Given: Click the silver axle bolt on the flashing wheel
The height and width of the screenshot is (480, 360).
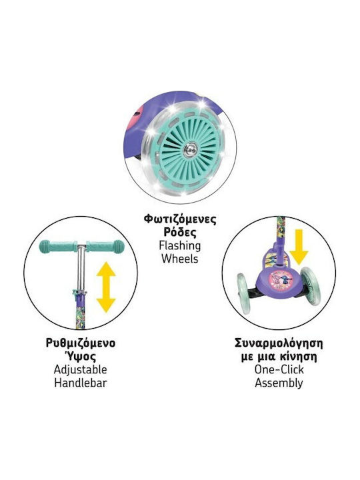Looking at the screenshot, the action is coord(191,150).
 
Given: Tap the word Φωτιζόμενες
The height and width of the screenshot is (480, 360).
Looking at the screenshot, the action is coord(180,219).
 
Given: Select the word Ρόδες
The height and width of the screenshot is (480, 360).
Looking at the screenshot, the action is coord(180,232).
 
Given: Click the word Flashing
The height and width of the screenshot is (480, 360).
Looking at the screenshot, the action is coord(180,245).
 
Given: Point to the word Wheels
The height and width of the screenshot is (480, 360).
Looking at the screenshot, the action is coord(180,259).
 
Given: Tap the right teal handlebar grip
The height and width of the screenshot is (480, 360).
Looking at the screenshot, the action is coord(105,247).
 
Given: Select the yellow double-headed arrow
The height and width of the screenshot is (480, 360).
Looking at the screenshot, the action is coord(106,287).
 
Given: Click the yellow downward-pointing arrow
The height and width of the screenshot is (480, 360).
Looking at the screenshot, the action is coord(299,247).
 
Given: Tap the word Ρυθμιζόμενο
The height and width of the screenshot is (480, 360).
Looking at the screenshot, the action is coord(81,343).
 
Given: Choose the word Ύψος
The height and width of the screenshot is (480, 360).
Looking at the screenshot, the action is coord(80,357).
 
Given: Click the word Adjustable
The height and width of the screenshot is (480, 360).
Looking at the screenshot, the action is coord(81,370).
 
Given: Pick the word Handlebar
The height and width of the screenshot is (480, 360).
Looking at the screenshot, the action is coord(81,383).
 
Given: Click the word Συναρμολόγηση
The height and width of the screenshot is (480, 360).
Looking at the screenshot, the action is coord(279,343).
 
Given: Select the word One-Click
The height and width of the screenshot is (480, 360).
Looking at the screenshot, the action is coord(279,369).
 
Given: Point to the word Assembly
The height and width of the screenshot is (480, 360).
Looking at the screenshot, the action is coord(279,383).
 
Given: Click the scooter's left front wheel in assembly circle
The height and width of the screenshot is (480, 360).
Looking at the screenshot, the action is coord(244,293).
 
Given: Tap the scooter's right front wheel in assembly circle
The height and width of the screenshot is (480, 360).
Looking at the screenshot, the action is coord(311,286).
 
